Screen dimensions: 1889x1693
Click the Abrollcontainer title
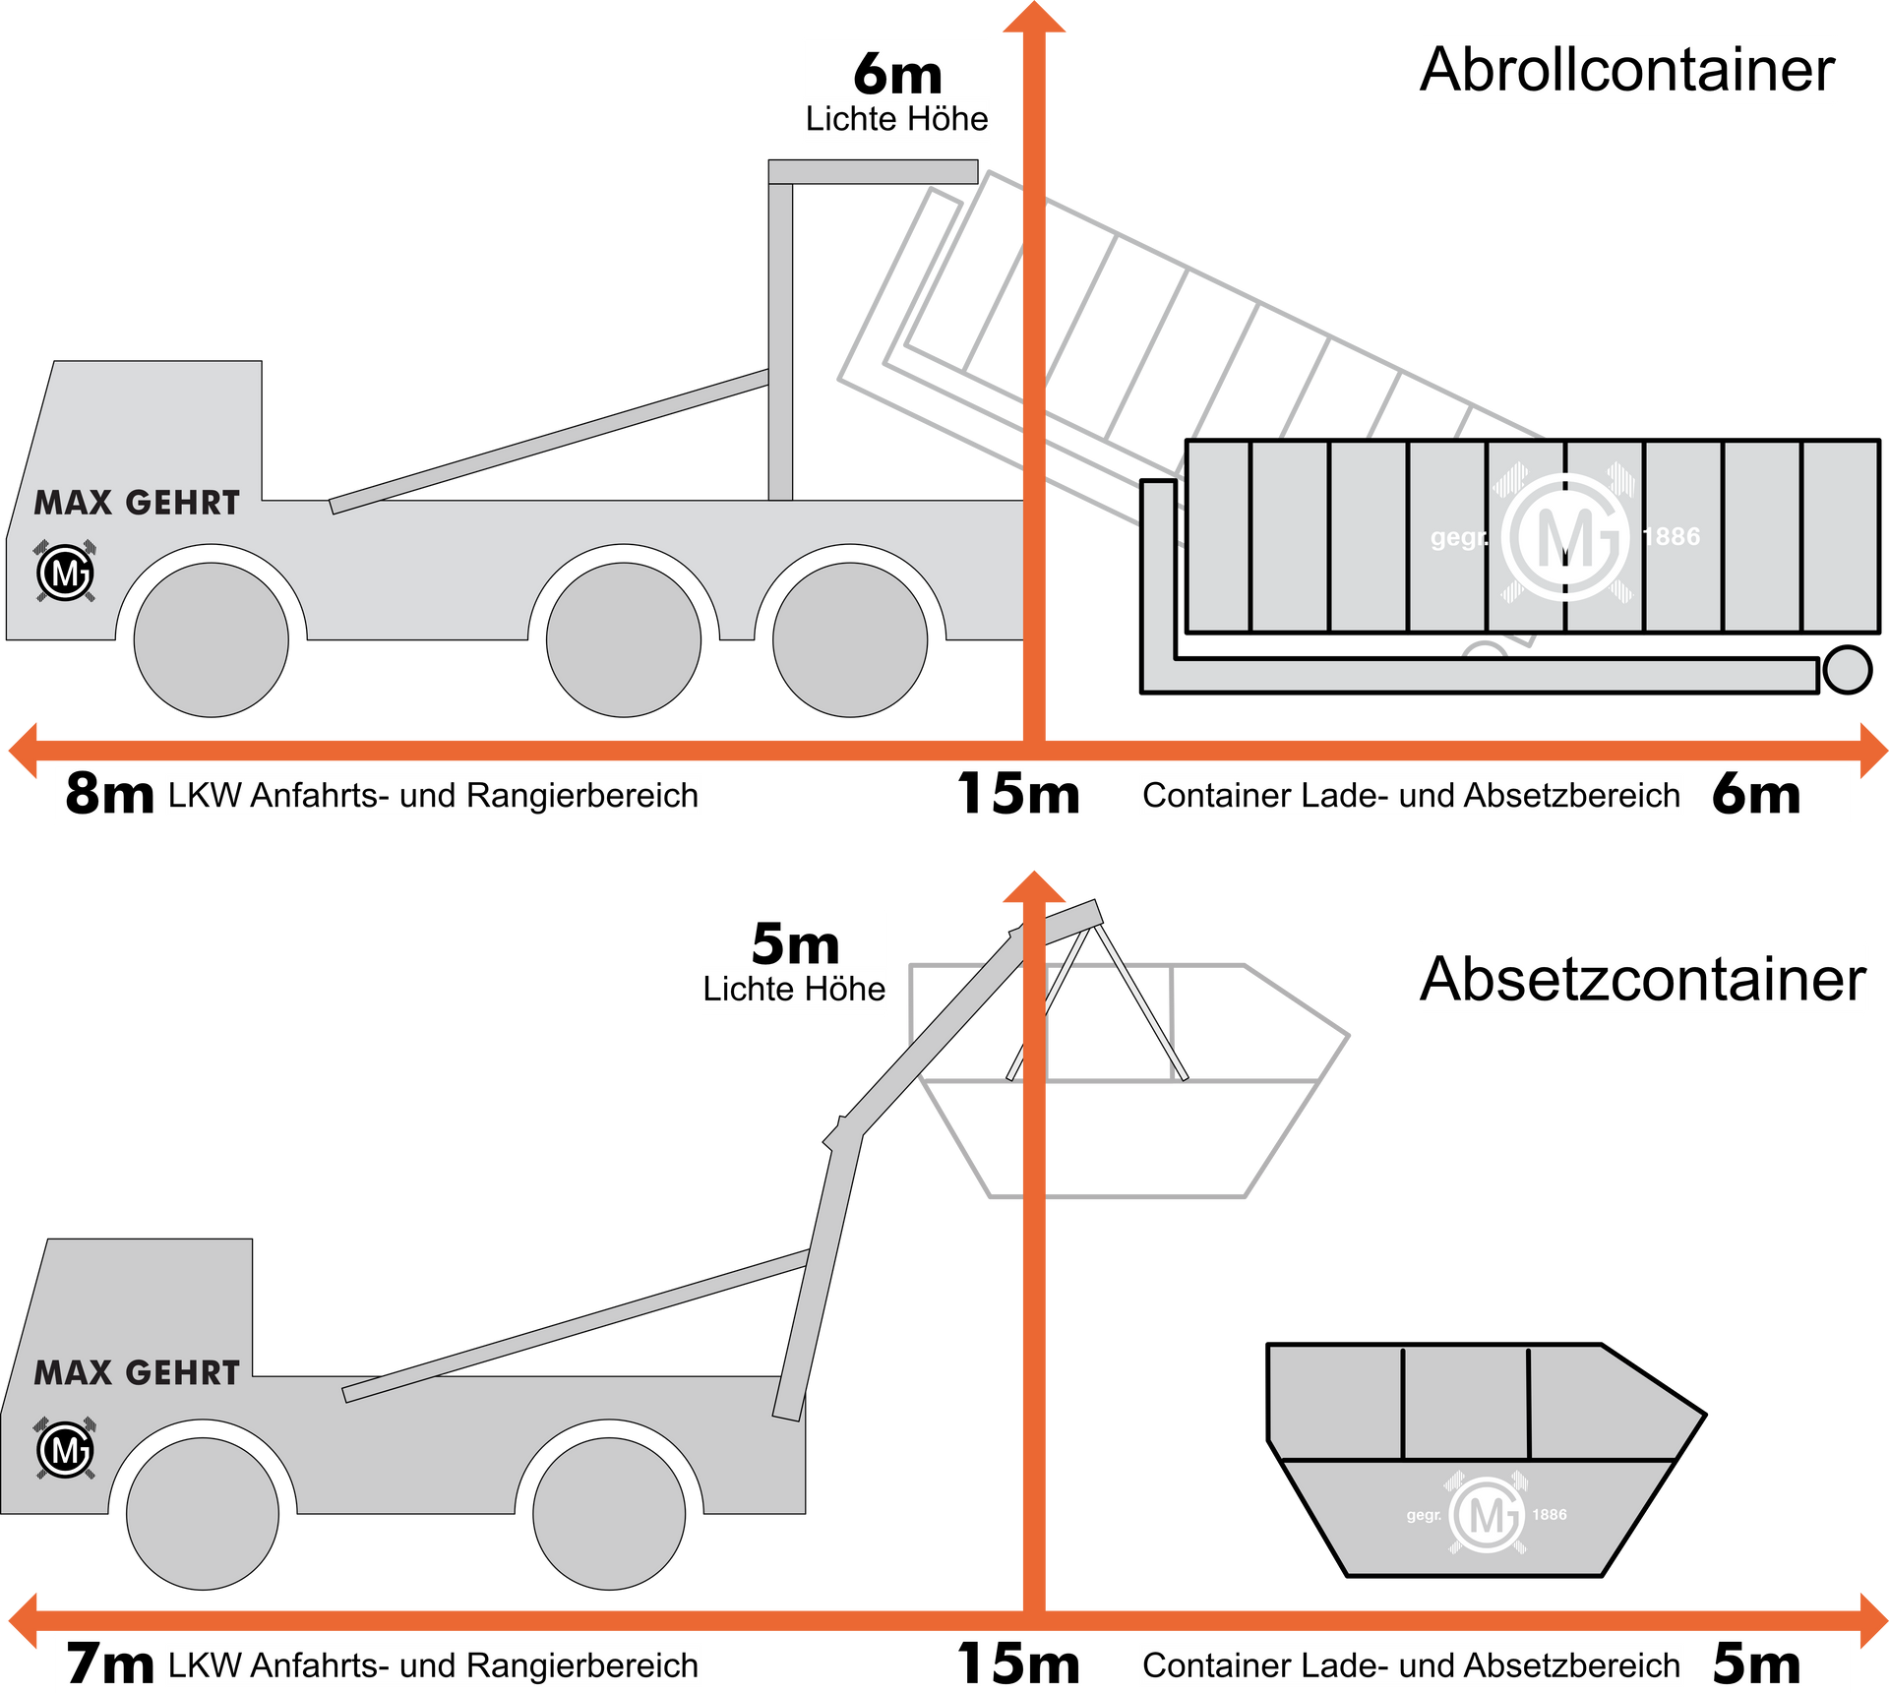[x=1627, y=70]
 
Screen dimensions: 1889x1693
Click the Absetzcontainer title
[x=1642, y=980]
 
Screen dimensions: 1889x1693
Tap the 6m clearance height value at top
[x=897, y=73]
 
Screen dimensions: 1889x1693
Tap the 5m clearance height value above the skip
[x=795, y=943]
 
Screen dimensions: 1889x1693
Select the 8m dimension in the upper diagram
[x=109, y=794]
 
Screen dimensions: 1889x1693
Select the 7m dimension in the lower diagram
[x=109, y=1664]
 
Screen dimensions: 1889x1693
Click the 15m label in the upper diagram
[x=1018, y=794]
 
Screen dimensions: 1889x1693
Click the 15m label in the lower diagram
[x=1018, y=1664]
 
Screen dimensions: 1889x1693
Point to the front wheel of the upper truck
[x=211, y=639]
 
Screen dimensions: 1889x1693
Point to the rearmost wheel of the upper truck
[x=850, y=639]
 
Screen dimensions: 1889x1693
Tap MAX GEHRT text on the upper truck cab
[x=137, y=503]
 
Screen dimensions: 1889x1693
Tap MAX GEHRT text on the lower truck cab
[x=137, y=1372]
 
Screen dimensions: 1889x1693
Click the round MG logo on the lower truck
[x=65, y=1449]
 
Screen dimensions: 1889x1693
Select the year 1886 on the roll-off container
[x=1671, y=536]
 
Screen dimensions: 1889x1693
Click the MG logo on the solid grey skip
[x=1487, y=1514]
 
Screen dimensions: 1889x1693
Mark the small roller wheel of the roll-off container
[x=1847, y=670]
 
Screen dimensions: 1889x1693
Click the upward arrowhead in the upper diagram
[x=1034, y=17]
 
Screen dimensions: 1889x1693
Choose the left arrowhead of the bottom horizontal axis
[x=23, y=1620]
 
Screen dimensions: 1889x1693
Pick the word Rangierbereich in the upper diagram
[x=582, y=796]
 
